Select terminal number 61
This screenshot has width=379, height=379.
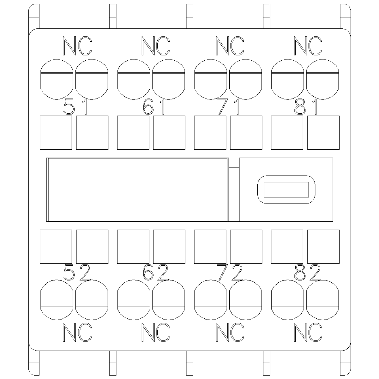click(154, 107)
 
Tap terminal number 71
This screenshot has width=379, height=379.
click(228, 107)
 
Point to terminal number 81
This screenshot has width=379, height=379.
click(306, 107)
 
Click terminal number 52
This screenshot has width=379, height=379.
click(77, 272)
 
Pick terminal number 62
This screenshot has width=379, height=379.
click(156, 272)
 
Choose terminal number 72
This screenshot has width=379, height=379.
click(230, 272)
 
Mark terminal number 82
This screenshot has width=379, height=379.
click(307, 272)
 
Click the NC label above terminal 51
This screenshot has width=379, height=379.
click(77, 46)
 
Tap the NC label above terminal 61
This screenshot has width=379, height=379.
click(156, 46)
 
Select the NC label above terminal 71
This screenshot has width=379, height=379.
click(230, 46)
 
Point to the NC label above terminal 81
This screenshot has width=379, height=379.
click(308, 46)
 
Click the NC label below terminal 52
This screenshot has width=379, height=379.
click(77, 332)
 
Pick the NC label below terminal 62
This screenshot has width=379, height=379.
click(156, 332)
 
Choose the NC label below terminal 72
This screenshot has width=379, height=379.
click(230, 332)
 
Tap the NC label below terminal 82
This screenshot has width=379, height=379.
click(308, 332)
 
